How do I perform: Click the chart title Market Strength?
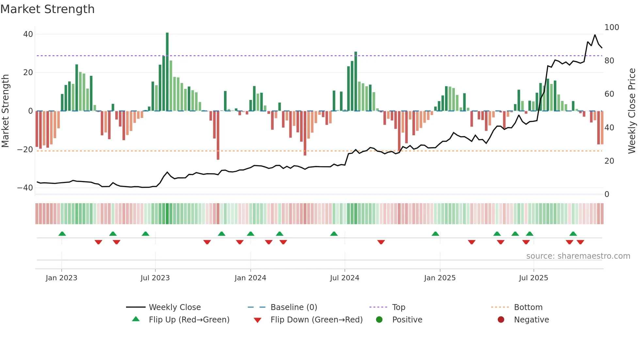47,9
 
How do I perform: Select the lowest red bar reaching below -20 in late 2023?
218,136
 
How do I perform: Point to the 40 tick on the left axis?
28,34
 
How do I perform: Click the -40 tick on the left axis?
25,188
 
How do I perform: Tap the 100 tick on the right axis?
612,27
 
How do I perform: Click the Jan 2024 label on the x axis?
250,278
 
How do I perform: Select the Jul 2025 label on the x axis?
533,278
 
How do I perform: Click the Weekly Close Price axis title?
632,111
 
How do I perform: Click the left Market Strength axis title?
5,111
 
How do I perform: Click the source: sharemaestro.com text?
578,256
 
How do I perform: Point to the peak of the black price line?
595,35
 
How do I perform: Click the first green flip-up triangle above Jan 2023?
62,234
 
